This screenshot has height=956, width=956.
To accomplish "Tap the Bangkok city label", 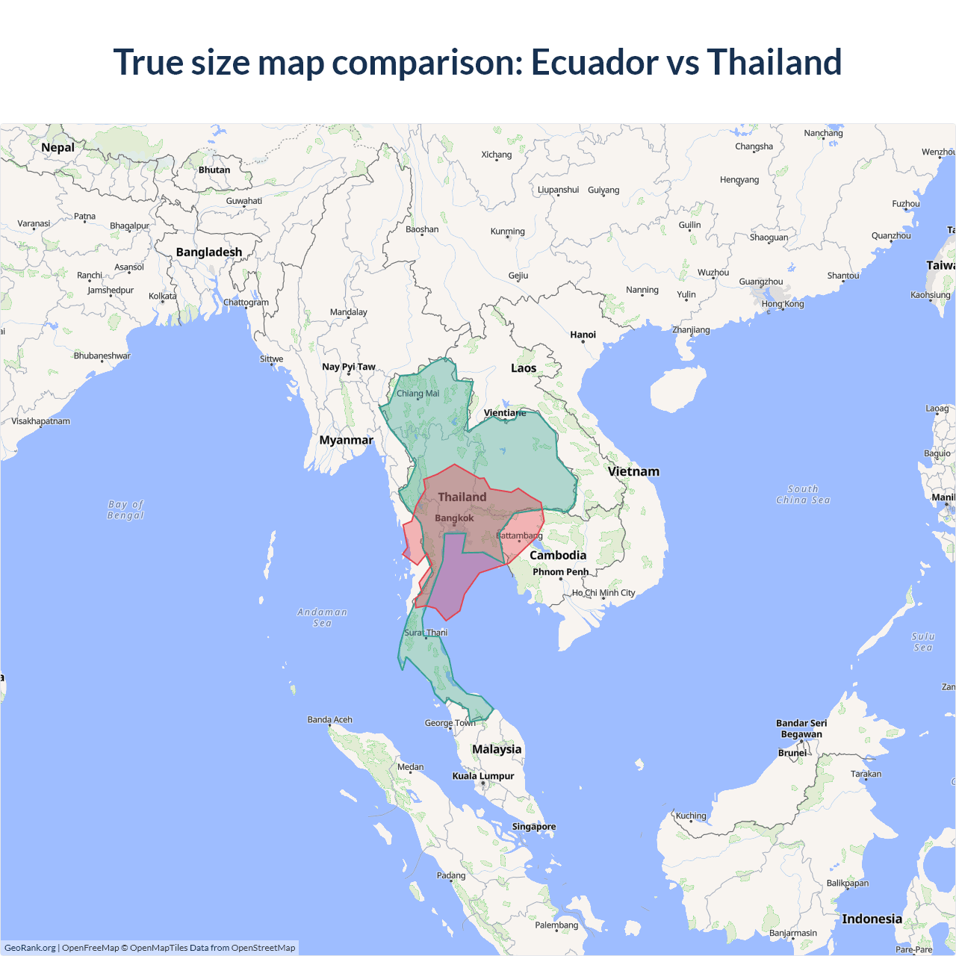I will [x=454, y=518].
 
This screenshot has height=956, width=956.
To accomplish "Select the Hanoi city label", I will [x=583, y=335].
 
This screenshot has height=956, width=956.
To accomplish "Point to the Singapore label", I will [x=533, y=827].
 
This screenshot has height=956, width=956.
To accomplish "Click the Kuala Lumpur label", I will [x=482, y=776].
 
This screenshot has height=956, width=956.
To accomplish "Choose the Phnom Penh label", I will [x=560, y=572].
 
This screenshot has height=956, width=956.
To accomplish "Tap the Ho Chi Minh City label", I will [x=603, y=593].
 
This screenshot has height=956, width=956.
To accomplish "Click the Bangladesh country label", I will [x=209, y=252].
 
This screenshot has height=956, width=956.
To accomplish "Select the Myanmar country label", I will [x=346, y=441].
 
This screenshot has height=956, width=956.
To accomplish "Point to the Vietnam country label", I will [x=633, y=472].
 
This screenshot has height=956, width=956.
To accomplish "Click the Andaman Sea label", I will [x=322, y=618].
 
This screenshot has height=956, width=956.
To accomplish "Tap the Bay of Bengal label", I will [x=125, y=510].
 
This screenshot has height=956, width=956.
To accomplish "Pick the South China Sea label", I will [x=803, y=494].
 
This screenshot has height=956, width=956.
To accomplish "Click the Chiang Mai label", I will [x=418, y=394].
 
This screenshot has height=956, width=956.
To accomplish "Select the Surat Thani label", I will [x=426, y=633].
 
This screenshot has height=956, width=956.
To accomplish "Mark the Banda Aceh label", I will [x=329, y=720].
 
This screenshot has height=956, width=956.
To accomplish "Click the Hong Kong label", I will [x=783, y=304].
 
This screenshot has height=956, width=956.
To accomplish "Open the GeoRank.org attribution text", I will [x=30, y=948].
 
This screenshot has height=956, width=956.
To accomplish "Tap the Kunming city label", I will [x=507, y=232].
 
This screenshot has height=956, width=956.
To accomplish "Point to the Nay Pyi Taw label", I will [x=348, y=367].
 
